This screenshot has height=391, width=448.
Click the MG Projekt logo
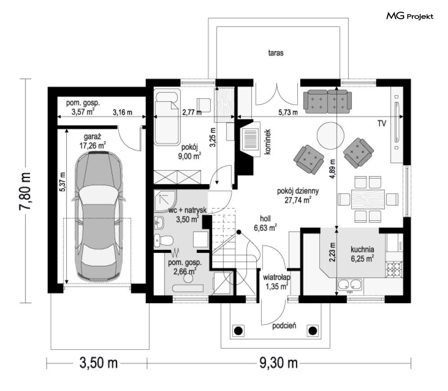coord(410,16)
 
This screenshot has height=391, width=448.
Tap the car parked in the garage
coord(99,216)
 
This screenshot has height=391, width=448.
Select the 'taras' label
coord(276,53)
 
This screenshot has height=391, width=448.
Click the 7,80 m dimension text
coord(25,191)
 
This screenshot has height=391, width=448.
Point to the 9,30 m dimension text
coord(279,363)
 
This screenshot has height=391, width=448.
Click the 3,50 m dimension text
coord(99,363)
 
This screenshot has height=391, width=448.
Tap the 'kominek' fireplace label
coord(267,142)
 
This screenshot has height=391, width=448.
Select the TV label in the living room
coord(382,124)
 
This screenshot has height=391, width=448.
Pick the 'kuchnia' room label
coord(362,249)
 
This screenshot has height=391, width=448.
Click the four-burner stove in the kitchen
coord(394,269)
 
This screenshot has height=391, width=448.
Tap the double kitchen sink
coord(350,285)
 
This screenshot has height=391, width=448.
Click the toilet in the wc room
coord(163,240)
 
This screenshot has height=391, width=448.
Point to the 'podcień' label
coord(284,326)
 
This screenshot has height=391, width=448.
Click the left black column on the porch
coord(238,331)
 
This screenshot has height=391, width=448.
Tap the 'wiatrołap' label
coord(276,277)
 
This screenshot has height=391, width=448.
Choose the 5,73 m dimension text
coord(288,112)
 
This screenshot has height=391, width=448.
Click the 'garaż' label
coord(92,137)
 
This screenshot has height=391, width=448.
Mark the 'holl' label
coord(265,219)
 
